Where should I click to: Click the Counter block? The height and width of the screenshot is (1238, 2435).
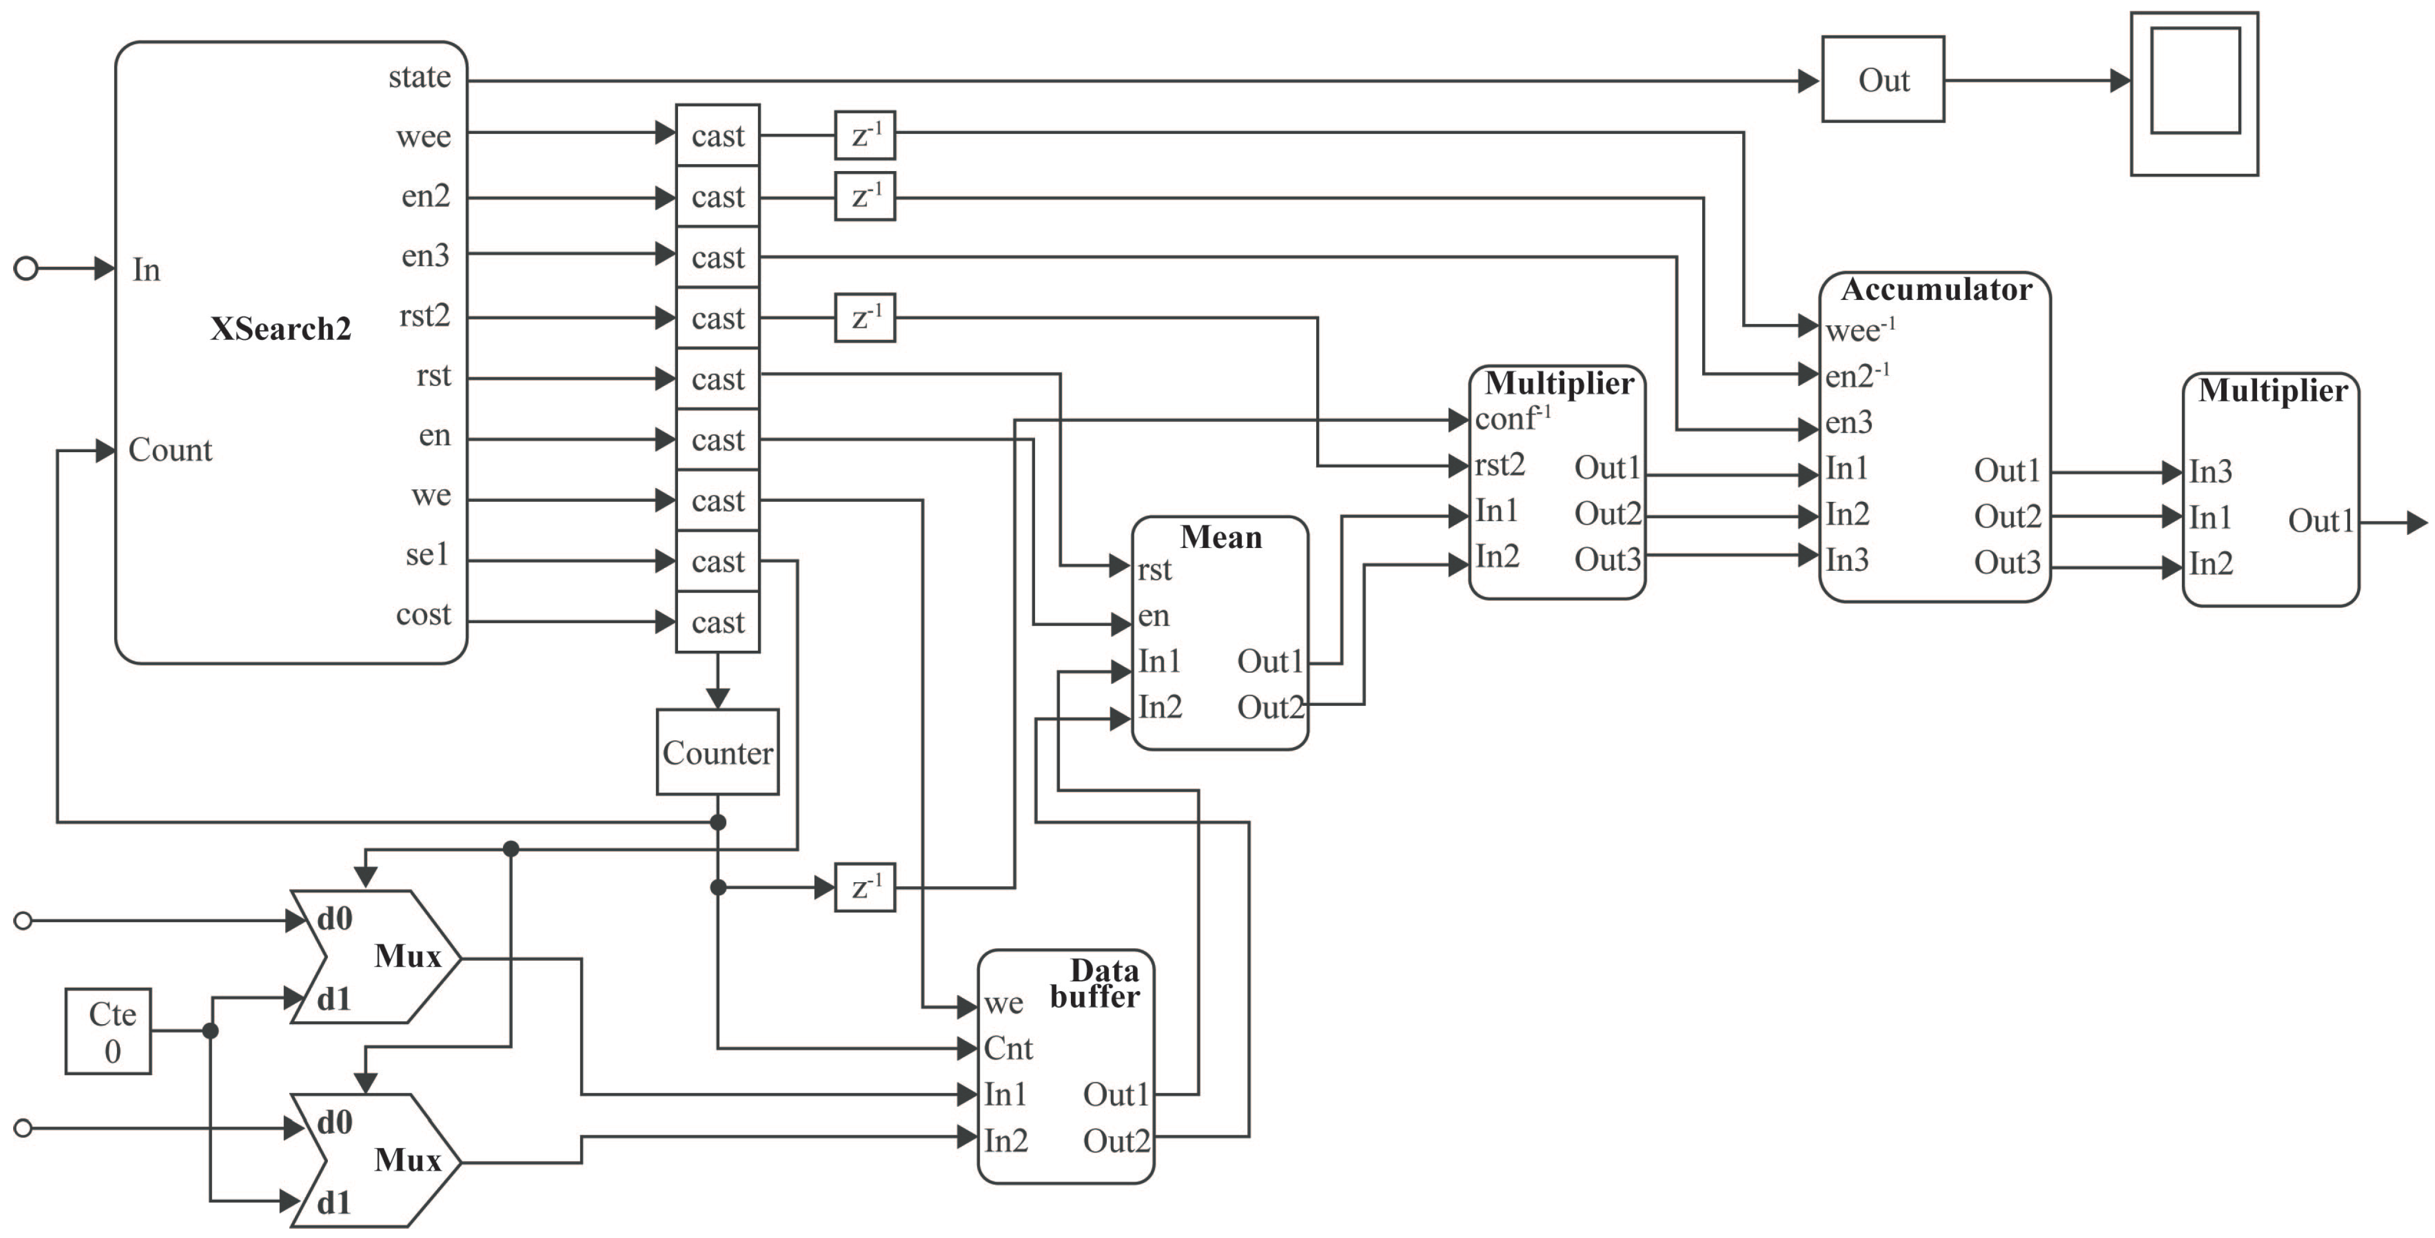717,752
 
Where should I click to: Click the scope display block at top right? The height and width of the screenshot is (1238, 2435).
2194,94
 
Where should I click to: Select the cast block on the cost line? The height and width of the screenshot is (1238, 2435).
717,622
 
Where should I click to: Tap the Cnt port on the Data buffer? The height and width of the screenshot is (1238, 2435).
1008,1048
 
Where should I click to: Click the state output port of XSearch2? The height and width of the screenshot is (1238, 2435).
420,76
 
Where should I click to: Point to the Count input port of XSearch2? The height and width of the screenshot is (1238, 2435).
170,450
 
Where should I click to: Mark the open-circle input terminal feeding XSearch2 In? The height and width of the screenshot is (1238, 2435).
26,269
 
